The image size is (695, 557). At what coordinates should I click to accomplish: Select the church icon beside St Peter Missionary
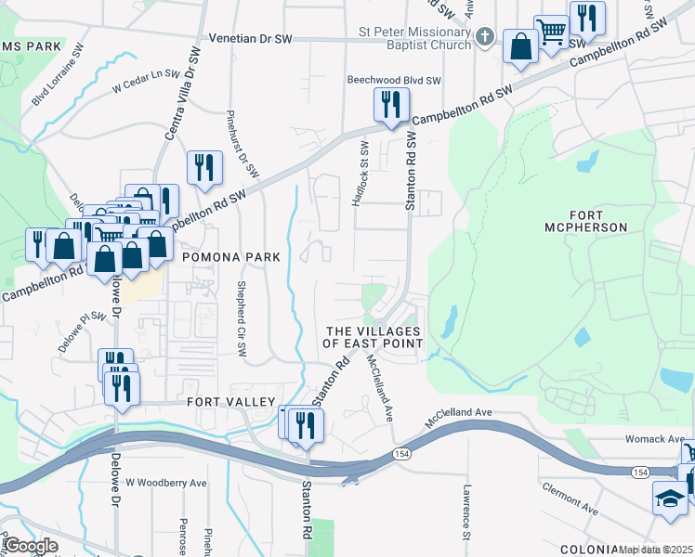click(x=484, y=37)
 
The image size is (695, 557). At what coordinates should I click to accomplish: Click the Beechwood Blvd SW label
click(x=394, y=81)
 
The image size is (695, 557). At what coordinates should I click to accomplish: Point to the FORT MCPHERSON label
click(x=586, y=219)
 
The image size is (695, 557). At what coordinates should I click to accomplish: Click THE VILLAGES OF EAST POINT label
click(x=373, y=337)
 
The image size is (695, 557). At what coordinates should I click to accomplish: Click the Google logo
click(x=33, y=546)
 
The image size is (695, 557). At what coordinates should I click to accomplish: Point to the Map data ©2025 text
click(x=655, y=550)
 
